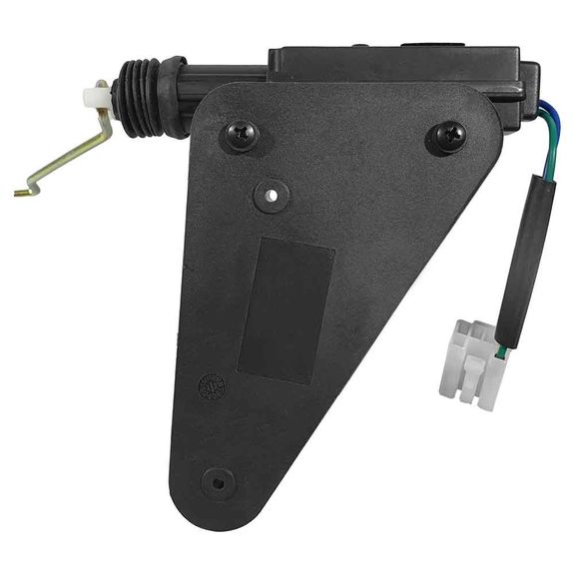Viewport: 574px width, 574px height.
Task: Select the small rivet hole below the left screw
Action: coord(268,195)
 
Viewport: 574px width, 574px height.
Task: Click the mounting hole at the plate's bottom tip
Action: coord(216,481)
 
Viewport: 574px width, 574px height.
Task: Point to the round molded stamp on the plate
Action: coord(211,385)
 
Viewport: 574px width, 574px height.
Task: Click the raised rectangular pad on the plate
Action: coord(284,308)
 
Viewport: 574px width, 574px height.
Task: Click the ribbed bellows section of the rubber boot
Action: coord(135,98)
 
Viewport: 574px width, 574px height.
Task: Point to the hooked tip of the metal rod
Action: coord(22,190)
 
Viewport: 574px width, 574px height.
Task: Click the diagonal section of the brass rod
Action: coord(65,160)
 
